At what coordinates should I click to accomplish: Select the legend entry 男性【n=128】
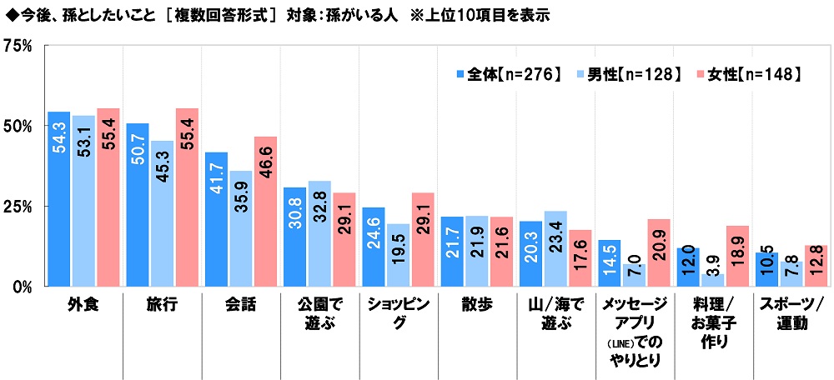coord(626,74)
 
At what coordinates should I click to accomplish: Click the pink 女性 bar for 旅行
coord(187,197)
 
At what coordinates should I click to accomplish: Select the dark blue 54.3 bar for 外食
coord(59,198)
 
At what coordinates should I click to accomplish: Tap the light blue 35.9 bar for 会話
coord(242,228)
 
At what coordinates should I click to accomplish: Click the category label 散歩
coord(478,304)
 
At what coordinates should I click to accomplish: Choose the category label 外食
coord(83,304)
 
